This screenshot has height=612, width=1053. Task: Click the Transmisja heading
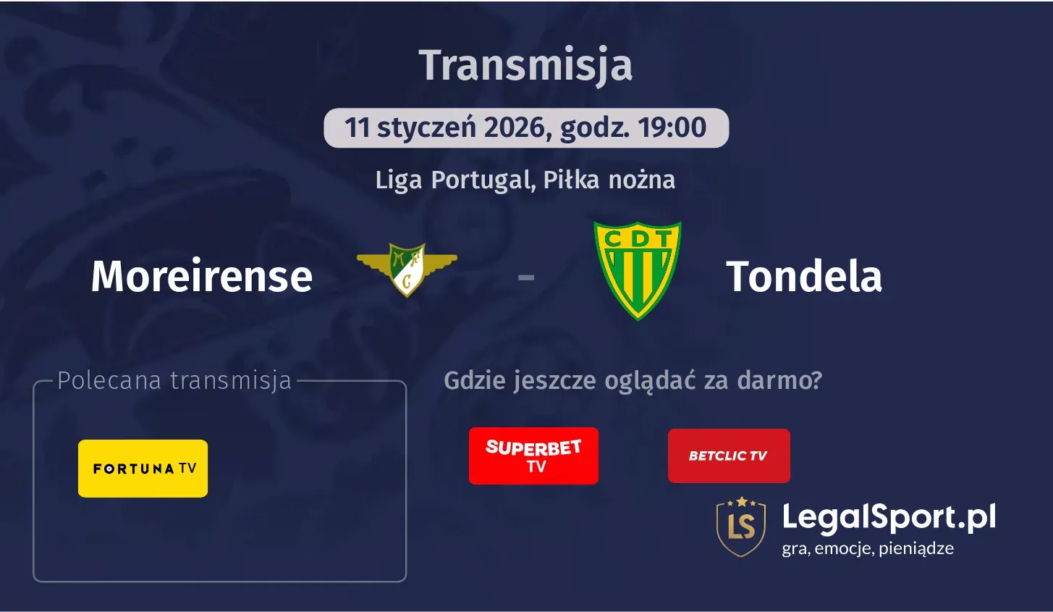pos(525,65)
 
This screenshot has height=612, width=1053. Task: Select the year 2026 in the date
pos(513,127)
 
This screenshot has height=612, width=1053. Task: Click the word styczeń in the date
pos(426,127)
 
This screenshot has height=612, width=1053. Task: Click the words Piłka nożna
pos(609,180)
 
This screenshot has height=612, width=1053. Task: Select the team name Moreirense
pos(202,277)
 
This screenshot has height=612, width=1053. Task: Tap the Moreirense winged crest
pos(407,269)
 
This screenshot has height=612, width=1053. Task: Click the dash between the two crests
pos(526,277)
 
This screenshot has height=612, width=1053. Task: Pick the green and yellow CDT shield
pos(638,269)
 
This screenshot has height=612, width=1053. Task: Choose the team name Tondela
pos(804,277)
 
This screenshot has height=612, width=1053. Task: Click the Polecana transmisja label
pos(174,380)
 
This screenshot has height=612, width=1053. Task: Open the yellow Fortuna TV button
pos(143,469)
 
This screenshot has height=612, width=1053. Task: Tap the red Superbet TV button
pos(533,456)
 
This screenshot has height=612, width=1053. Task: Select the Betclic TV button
pos(729,456)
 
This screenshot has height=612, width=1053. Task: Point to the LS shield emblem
pos(741,527)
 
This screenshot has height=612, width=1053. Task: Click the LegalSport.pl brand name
pos(889,517)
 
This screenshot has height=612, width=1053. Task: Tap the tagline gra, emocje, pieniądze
pos(868,548)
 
